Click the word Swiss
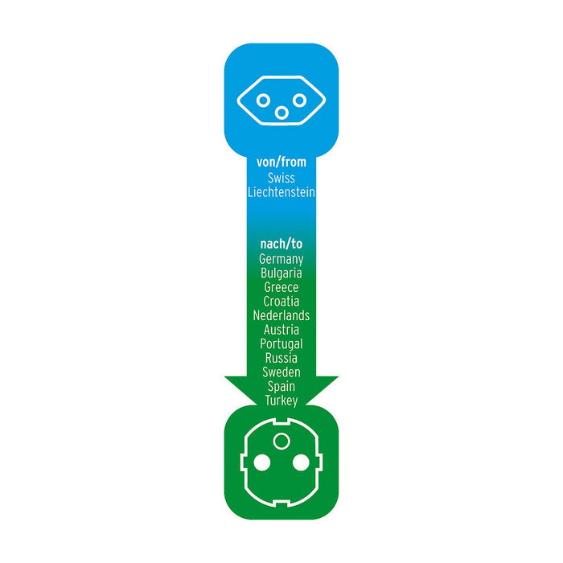point(281,179)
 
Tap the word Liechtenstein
point(281,193)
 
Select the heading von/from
point(281,162)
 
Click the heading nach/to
point(281,244)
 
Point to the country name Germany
point(281,259)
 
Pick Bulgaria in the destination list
point(281,273)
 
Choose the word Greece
point(281,287)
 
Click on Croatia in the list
point(281,302)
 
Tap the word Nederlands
point(281,315)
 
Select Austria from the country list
point(281,330)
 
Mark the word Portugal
point(281,343)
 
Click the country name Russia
point(281,358)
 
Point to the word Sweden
point(281,372)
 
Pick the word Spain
point(281,386)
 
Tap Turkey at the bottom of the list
point(281,400)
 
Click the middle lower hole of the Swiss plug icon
point(281,113)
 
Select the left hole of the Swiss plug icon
point(262,101)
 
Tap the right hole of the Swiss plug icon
point(299,101)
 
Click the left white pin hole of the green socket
point(261,462)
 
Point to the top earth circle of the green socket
point(281,441)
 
